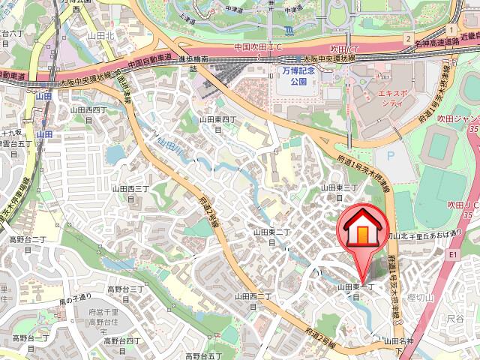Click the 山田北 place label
tap(100, 34)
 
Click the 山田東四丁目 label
tap(218, 124)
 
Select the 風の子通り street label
tap(75, 301)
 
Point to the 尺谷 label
tap(455, 319)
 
